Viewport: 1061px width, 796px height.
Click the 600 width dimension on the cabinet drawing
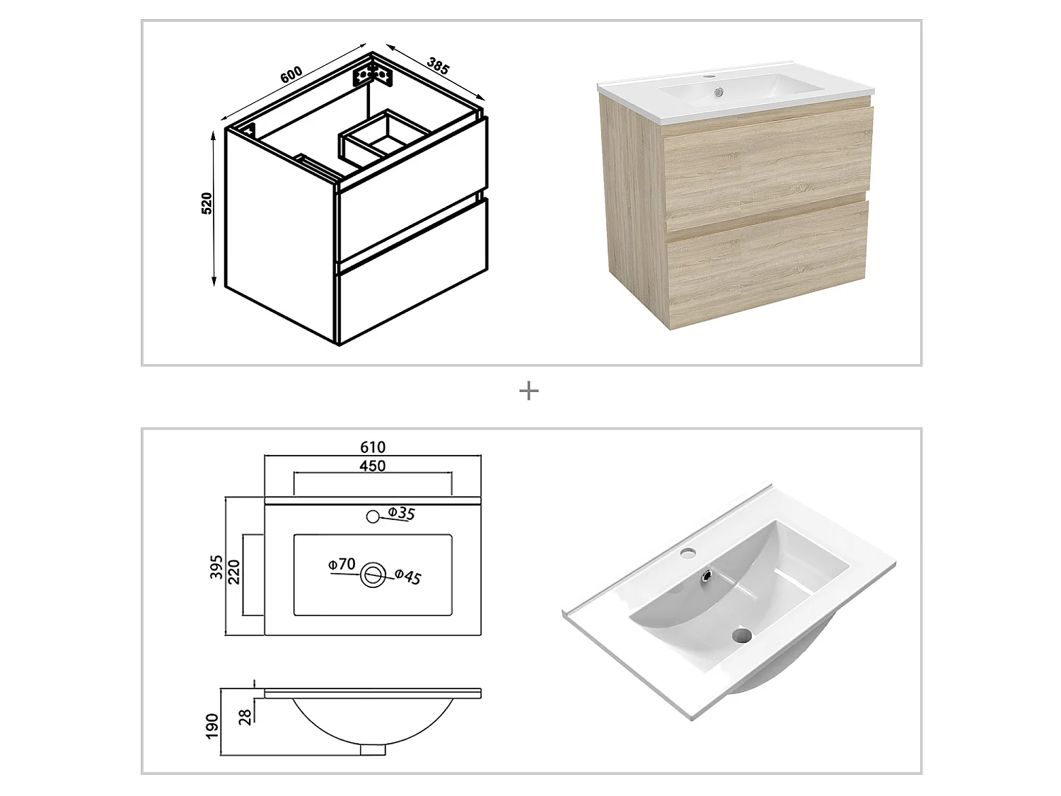pos(291,74)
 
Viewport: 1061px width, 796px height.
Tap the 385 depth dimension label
pos(438,65)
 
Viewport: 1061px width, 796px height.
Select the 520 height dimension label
pos(207,203)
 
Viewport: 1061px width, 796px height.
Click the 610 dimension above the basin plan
pos(373,447)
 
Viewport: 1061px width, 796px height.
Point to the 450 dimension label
pos(373,466)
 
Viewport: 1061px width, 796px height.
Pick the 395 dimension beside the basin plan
pos(217,567)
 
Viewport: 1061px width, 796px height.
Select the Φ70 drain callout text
pos(341,564)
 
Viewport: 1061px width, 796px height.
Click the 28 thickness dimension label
pos(245,716)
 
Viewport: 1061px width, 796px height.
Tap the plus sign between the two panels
pos(529,391)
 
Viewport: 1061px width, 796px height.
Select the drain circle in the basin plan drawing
pos(373,575)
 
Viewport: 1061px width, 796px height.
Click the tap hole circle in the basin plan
pos(373,517)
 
